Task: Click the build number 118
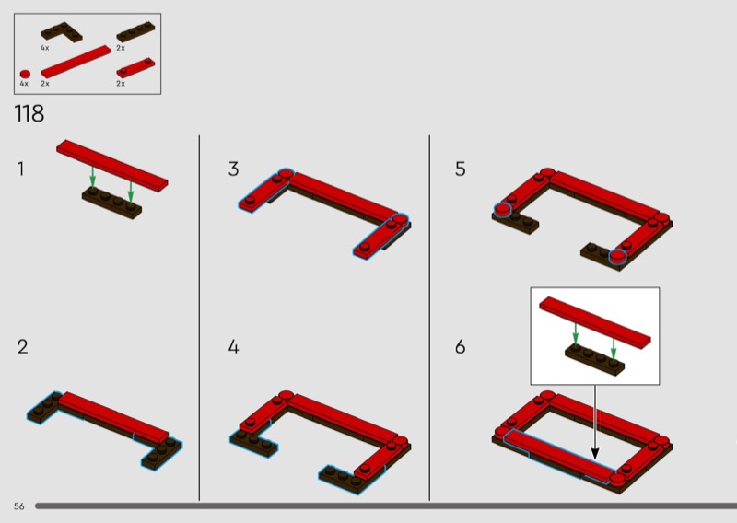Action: click(29, 113)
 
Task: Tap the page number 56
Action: click(18, 506)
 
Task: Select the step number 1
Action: click(20, 169)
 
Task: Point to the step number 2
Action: click(22, 347)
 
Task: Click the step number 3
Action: click(233, 169)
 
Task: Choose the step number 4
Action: click(234, 347)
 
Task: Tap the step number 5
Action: click(460, 169)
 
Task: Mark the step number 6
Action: click(460, 347)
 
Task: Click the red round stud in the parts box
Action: click(25, 75)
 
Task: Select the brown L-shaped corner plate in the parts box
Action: click(61, 32)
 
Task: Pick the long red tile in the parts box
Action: click(76, 62)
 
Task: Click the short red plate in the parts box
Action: click(135, 67)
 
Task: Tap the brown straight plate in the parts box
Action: click(135, 32)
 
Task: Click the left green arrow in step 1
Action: click(93, 177)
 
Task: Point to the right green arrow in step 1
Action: click(131, 192)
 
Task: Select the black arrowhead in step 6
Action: click(594, 454)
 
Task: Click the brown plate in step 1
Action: click(111, 203)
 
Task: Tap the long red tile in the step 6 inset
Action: click(595, 322)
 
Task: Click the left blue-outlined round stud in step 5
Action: click(502, 210)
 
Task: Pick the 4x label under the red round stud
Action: click(24, 84)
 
